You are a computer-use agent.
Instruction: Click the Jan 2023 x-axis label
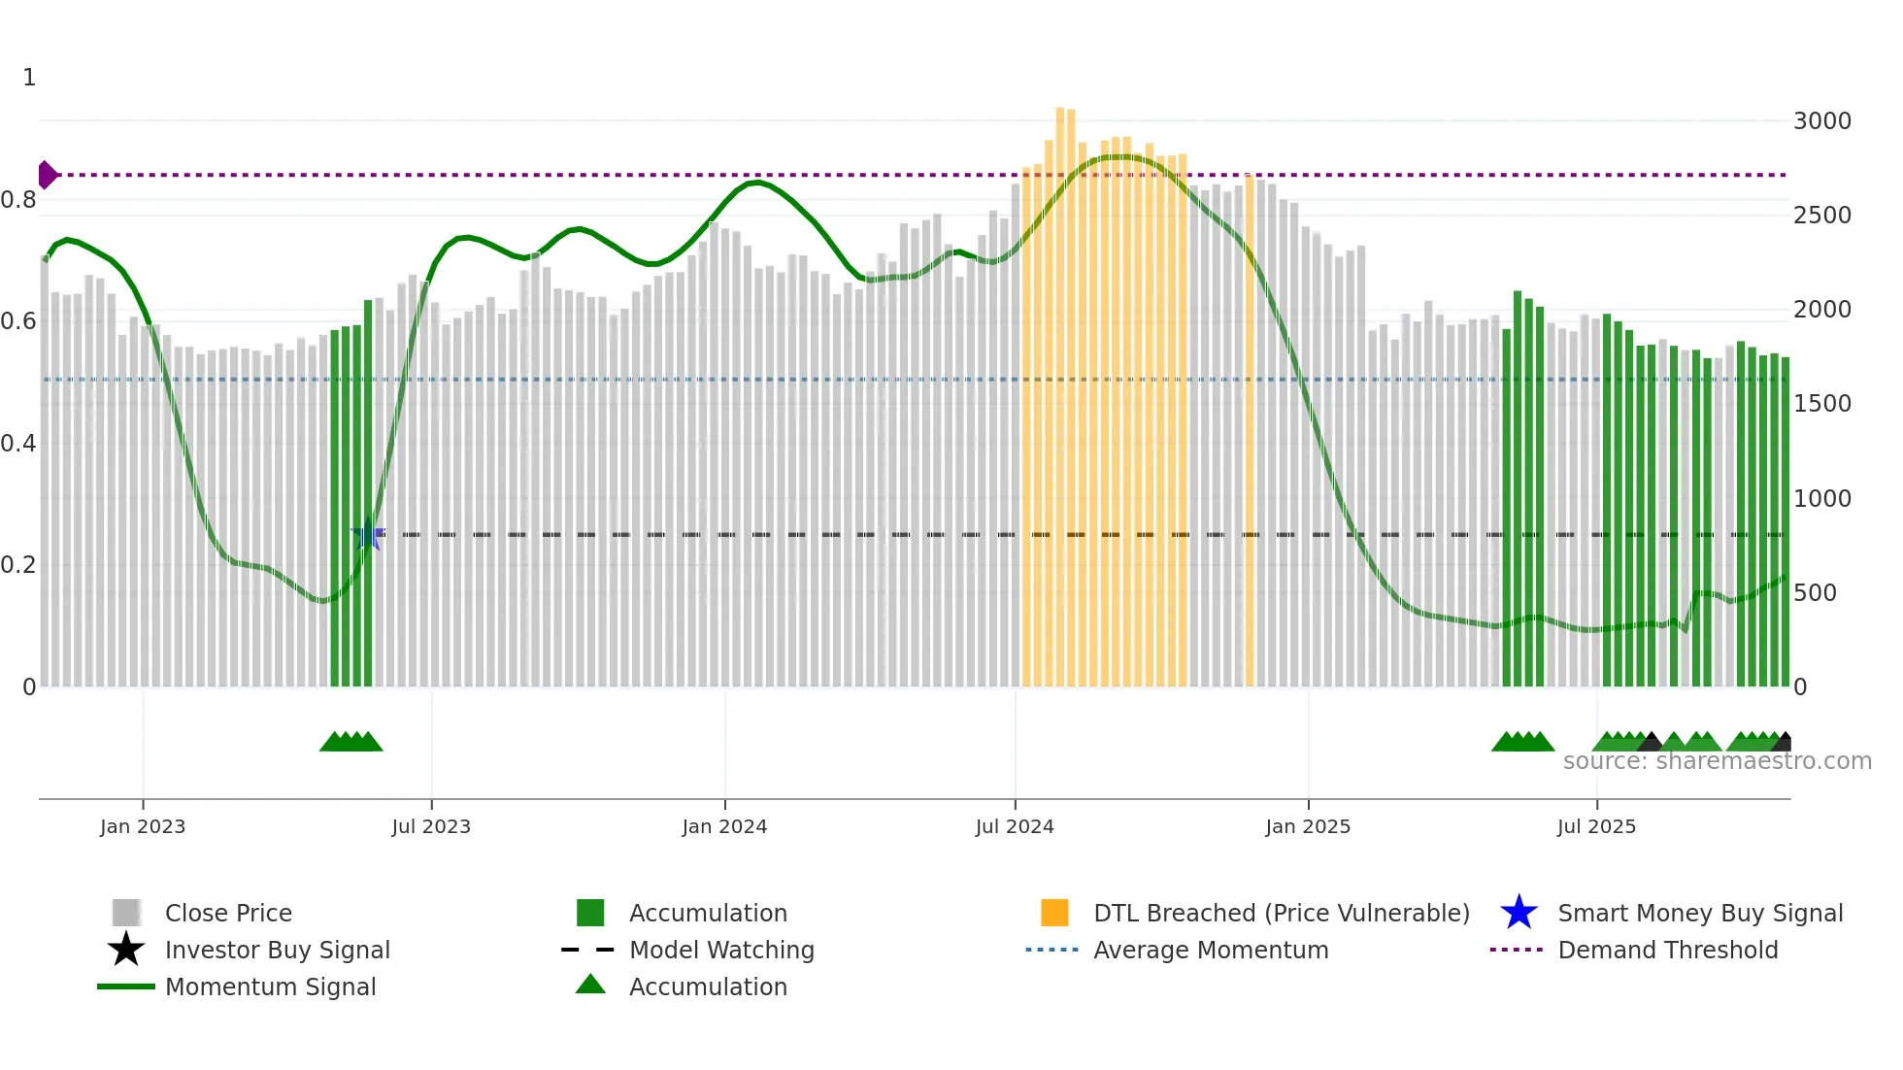(143, 826)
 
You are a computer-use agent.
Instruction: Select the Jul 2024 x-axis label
(1015, 826)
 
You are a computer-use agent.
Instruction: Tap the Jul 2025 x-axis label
(1596, 826)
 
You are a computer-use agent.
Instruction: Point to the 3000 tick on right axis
(1821, 121)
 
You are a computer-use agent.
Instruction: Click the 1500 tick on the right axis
(1821, 404)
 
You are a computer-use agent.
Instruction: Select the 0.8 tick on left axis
(18, 200)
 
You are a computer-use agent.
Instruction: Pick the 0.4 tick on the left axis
(18, 444)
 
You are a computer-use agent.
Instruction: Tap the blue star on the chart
(367, 535)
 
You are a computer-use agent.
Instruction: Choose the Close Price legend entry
(228, 913)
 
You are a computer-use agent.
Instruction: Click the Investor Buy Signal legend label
(278, 950)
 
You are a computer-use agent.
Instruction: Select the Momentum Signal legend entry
(270, 986)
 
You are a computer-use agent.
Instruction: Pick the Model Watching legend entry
(721, 950)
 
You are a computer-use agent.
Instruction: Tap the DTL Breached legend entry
(1281, 913)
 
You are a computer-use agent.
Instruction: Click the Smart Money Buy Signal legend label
(1700, 913)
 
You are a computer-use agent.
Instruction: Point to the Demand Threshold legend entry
(1667, 950)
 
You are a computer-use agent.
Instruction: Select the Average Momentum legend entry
(1211, 950)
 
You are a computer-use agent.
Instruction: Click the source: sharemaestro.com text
(1717, 761)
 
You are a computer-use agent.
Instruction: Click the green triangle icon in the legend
(590, 985)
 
